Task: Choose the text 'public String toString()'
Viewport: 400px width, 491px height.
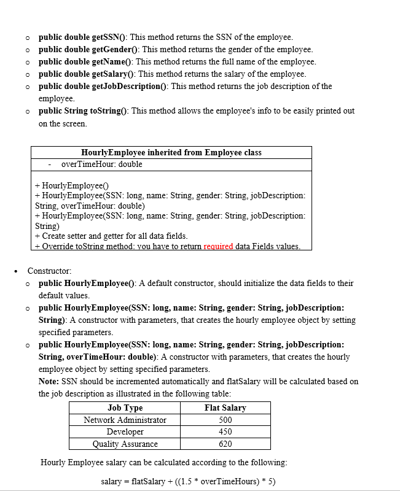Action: point(83,111)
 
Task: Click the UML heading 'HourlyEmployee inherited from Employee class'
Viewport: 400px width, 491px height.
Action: point(171,152)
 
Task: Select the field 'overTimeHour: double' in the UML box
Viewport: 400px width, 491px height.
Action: point(101,164)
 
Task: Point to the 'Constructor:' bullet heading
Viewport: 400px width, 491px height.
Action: point(49,271)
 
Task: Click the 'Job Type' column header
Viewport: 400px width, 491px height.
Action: point(125,408)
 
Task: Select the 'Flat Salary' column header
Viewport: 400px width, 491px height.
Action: point(225,408)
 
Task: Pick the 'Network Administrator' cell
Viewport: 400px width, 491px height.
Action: point(125,420)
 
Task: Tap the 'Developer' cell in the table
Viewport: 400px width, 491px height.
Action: point(125,431)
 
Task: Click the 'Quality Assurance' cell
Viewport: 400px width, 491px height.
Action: point(125,444)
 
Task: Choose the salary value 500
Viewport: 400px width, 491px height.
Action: point(225,420)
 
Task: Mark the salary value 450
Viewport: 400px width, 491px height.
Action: point(225,431)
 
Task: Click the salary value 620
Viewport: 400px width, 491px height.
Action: point(225,444)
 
